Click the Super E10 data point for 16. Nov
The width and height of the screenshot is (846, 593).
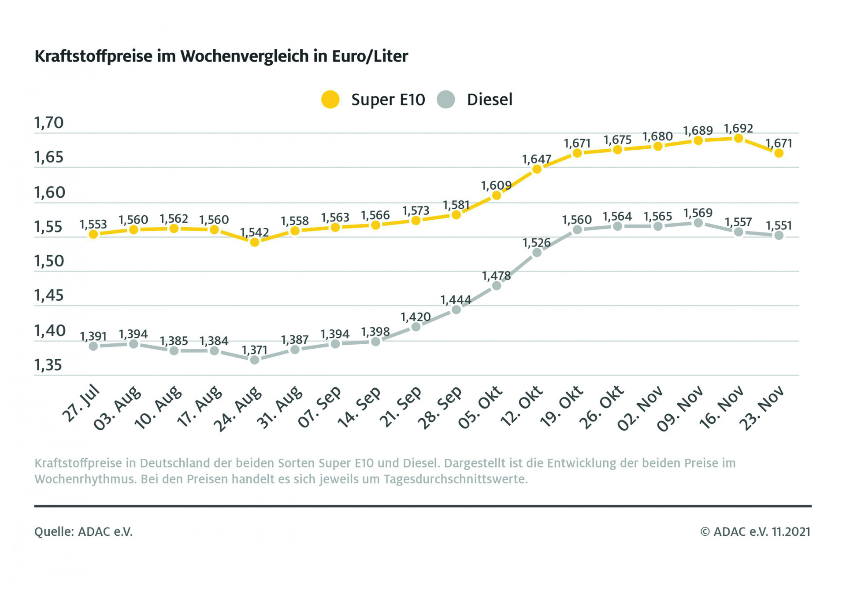point(738,139)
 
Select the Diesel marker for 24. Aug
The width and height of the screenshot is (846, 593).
point(255,360)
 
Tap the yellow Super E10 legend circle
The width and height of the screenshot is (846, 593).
point(330,99)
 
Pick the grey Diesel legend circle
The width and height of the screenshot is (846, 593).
point(446,99)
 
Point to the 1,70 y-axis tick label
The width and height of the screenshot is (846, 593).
point(49,123)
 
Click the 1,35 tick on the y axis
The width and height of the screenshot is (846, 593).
point(48,365)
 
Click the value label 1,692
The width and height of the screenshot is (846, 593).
point(738,129)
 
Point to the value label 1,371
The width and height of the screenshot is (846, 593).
point(255,350)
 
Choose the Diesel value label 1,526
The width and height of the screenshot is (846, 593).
point(537,243)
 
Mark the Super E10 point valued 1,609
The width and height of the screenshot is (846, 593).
point(497,195)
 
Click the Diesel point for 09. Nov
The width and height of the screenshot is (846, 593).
point(698,223)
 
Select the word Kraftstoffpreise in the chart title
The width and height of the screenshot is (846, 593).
point(93,56)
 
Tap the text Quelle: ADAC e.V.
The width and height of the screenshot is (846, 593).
point(83,532)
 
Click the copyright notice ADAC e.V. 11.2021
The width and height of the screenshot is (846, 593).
point(755,532)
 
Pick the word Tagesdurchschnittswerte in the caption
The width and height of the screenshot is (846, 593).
point(455,479)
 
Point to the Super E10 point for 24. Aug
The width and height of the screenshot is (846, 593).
point(255,242)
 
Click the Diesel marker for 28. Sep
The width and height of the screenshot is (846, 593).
point(456,309)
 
